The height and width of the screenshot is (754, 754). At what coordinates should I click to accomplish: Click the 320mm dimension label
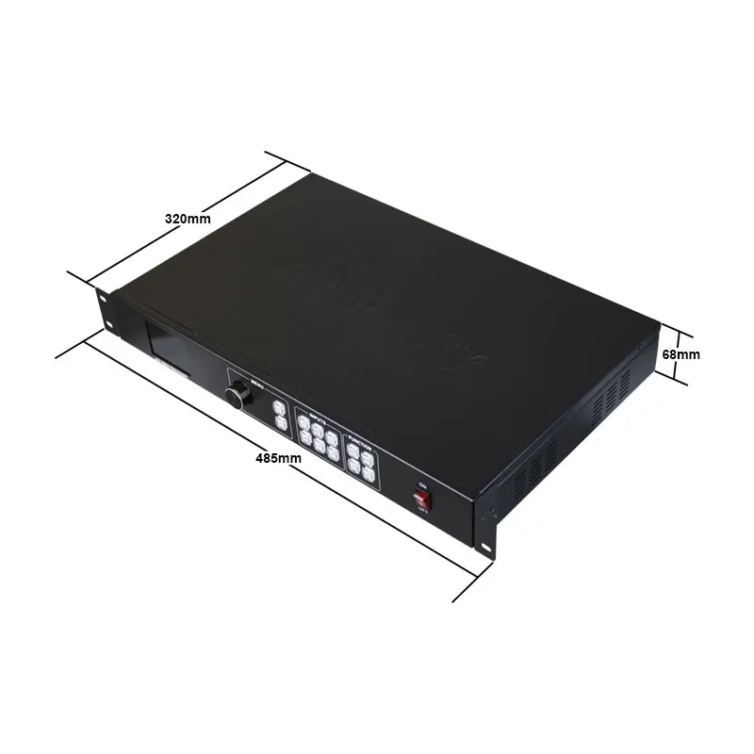[x=188, y=218]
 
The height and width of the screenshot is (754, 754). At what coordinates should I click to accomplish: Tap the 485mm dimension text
[x=278, y=459]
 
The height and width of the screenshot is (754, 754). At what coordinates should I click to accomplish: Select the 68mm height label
[x=681, y=354]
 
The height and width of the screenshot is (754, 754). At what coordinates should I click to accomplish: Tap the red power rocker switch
[x=421, y=499]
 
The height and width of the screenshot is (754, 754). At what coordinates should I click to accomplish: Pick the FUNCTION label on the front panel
[x=361, y=440]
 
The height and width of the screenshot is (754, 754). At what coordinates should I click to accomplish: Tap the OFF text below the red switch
[x=421, y=514]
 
